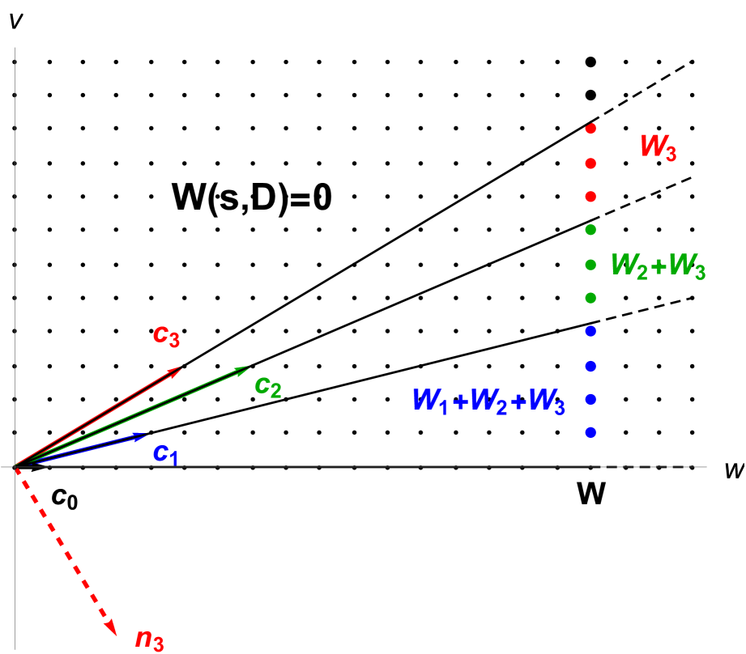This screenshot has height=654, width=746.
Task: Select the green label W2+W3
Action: coord(658,266)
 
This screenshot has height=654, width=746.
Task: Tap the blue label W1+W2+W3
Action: coord(488,401)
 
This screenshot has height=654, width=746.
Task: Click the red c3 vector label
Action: coord(166,336)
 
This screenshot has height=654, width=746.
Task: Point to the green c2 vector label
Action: coord(268,387)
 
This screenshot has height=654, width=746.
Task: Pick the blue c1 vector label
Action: coord(166,453)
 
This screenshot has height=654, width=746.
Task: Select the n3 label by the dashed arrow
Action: coord(150,640)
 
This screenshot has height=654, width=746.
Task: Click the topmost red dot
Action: coord(590,129)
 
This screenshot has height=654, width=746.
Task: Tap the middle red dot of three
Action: coord(590,163)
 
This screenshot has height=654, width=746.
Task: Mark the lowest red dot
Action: coord(590,197)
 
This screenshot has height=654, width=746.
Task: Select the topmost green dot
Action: coord(590,230)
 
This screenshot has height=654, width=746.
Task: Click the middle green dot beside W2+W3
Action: coord(590,265)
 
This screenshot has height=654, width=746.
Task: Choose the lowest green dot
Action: coord(590,298)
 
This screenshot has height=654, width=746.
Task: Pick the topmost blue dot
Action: coord(590,331)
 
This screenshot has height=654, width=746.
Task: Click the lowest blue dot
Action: coord(590,433)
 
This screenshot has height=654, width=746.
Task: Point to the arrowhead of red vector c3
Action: coord(177,370)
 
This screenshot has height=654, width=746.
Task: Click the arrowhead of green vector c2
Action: coord(245,368)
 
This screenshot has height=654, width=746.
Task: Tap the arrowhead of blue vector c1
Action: coord(143,435)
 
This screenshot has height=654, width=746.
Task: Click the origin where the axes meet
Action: coord(15,466)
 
